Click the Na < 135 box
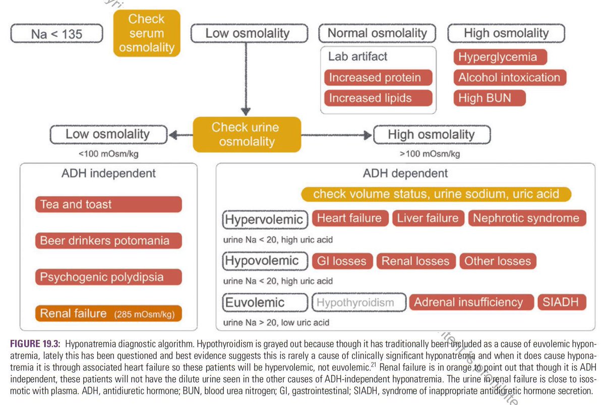[x=56, y=34]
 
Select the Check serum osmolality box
[x=146, y=33]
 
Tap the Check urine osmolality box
[x=247, y=135]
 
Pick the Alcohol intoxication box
[x=509, y=78]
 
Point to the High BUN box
[x=489, y=98]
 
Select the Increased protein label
[x=378, y=78]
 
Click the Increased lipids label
[x=378, y=98]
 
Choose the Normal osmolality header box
[x=377, y=34]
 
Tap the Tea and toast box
[x=108, y=204]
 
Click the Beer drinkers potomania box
[x=108, y=241]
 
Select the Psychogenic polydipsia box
[x=108, y=277]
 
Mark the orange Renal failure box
[x=108, y=314]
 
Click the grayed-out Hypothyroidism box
[x=359, y=303]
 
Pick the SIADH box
[x=562, y=303]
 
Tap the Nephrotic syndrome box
[x=527, y=218]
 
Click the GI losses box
[x=342, y=261]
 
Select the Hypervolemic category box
[x=265, y=219]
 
